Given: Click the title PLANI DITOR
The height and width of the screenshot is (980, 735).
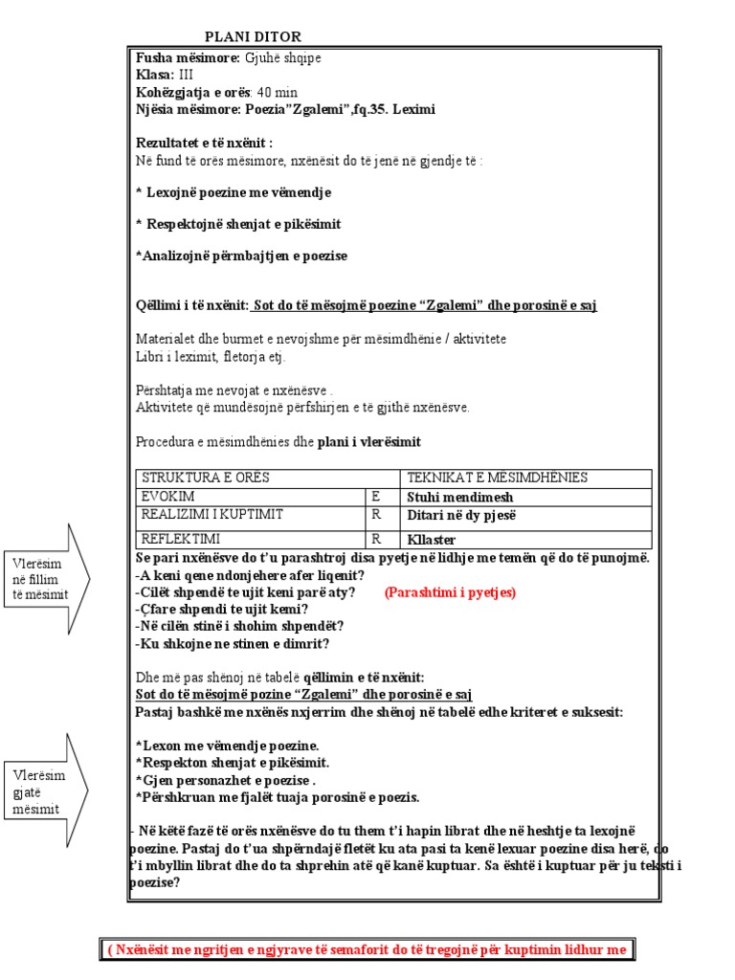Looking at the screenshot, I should [x=253, y=36].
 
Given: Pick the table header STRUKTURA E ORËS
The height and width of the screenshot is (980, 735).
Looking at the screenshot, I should [x=206, y=478].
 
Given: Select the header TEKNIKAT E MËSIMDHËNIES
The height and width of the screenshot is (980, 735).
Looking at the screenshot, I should [x=498, y=478].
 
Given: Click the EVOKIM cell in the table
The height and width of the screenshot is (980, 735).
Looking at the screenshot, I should [x=167, y=497].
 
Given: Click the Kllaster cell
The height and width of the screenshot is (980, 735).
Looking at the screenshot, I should [x=433, y=540].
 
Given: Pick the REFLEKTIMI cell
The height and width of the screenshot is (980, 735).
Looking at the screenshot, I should [x=181, y=538].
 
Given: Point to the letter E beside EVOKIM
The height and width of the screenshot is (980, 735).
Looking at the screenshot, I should [x=376, y=497].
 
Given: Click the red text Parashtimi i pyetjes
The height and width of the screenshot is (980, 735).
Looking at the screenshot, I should [x=450, y=592].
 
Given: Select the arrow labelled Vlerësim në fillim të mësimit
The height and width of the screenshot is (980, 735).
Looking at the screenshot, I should [x=47, y=578].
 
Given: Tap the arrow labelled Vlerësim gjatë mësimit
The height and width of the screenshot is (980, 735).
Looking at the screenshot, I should [x=47, y=791].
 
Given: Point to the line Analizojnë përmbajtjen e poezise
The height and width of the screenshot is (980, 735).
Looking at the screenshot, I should [x=242, y=256].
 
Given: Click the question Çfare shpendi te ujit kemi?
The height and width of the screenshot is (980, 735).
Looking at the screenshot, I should [x=222, y=609].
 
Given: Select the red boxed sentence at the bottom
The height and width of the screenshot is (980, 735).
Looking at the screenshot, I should [x=367, y=949].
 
